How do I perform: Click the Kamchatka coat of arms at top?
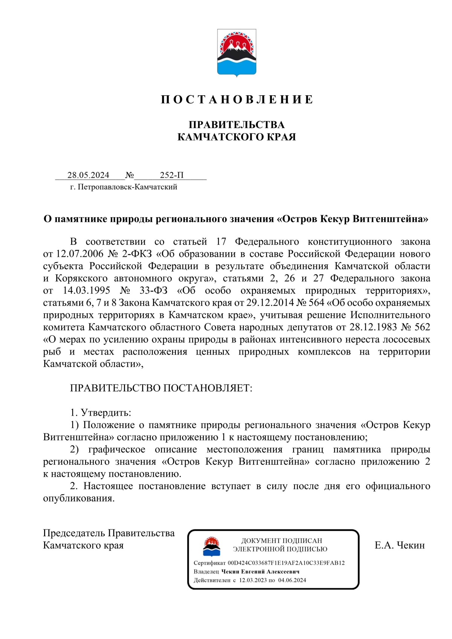click(237, 53)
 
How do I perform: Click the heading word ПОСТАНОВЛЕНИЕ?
click(237, 99)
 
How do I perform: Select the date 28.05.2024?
click(88, 175)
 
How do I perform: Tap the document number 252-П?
click(172, 175)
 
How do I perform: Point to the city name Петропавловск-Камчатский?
click(127, 187)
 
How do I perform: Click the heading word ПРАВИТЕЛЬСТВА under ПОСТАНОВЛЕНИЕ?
click(237, 125)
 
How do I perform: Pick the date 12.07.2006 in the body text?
click(79, 254)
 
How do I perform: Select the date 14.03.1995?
click(86, 291)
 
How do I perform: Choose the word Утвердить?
click(106, 413)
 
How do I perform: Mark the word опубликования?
click(79, 498)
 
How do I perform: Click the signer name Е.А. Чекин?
click(400, 545)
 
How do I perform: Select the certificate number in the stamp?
click(286, 563)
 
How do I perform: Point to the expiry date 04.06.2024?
click(292, 580)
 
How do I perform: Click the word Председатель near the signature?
click(74, 533)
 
